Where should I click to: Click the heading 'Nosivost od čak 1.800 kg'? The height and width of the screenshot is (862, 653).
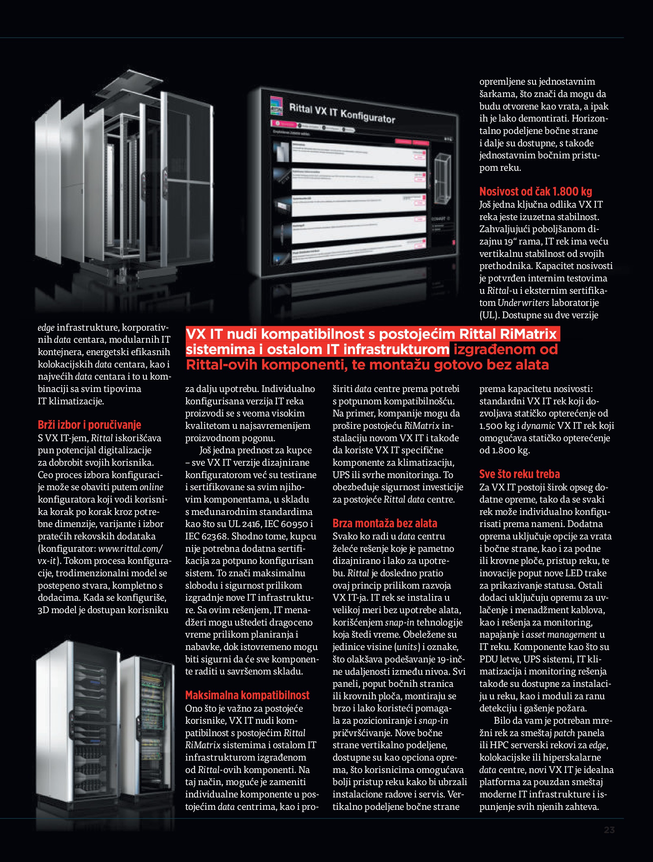pyautogui.click(x=535, y=191)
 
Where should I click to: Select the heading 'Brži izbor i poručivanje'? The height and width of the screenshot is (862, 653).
pyautogui.click(x=89, y=424)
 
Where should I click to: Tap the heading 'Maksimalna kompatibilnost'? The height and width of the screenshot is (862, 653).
pyautogui.click(x=247, y=695)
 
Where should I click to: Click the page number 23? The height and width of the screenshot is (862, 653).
pyautogui.click(x=609, y=830)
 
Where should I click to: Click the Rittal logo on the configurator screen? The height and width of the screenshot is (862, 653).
pyautogui.click(x=276, y=105)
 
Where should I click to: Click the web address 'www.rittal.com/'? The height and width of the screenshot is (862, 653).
pyautogui.click(x=130, y=549)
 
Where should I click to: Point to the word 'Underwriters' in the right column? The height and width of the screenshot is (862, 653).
pyautogui.click(x=523, y=303)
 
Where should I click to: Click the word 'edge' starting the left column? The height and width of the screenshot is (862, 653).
pyautogui.click(x=46, y=327)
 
